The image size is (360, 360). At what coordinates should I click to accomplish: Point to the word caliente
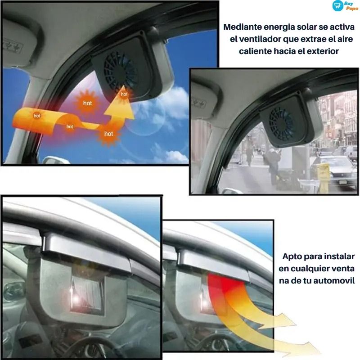255,51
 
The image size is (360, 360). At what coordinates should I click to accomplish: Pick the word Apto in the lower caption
292,257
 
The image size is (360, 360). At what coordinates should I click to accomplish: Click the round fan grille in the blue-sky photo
119,71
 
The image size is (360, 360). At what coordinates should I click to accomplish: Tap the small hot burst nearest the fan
124,94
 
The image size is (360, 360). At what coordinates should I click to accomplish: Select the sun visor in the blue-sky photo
16,45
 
